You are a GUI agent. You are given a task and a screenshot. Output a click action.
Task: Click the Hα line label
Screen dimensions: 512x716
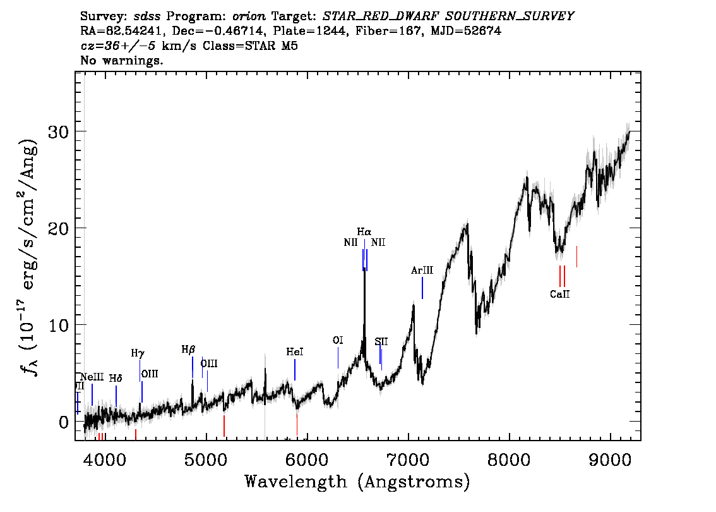point(364,232)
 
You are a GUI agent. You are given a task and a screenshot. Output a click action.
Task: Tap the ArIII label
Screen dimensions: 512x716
point(422,271)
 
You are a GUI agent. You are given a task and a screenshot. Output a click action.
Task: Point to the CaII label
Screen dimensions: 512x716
point(559,294)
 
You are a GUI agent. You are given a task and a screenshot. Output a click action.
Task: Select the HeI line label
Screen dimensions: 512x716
point(294,351)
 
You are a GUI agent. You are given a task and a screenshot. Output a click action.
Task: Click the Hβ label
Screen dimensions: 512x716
point(188,349)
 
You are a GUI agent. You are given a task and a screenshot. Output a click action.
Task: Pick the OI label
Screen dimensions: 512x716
point(338,341)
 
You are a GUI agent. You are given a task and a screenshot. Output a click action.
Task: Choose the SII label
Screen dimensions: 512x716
point(381,342)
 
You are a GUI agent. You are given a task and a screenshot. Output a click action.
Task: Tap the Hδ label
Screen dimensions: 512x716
point(116,379)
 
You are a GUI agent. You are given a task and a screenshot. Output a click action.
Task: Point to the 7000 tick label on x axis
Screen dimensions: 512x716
point(409,458)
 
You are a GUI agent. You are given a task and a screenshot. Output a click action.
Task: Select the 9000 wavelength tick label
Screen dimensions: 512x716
point(611,458)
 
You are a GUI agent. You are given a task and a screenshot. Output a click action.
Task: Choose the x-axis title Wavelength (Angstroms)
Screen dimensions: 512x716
point(357,482)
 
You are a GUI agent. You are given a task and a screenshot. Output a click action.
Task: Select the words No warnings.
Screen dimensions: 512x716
point(122,61)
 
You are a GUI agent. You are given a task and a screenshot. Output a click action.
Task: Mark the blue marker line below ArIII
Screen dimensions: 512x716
point(422,288)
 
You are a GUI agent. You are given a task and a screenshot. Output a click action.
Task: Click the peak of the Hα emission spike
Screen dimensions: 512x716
point(364,241)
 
